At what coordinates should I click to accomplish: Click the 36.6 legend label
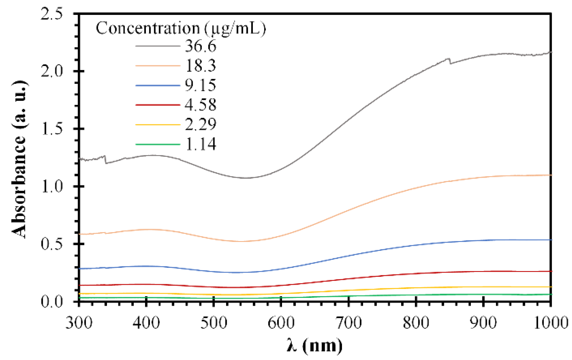[x=201, y=46]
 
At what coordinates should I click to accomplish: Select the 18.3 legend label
[x=201, y=65]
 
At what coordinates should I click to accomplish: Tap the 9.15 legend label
[x=201, y=85]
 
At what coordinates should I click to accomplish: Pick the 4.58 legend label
[x=201, y=105]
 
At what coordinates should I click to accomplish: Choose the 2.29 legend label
[x=201, y=124]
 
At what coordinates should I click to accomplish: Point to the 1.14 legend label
[x=201, y=144]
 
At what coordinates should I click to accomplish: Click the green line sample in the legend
[x=158, y=144]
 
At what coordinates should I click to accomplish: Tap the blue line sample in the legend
[x=158, y=86]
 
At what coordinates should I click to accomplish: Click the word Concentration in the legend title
[x=148, y=29]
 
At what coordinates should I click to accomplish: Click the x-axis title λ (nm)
[x=315, y=346]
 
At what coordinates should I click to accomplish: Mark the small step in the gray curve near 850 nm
[x=450, y=61]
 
